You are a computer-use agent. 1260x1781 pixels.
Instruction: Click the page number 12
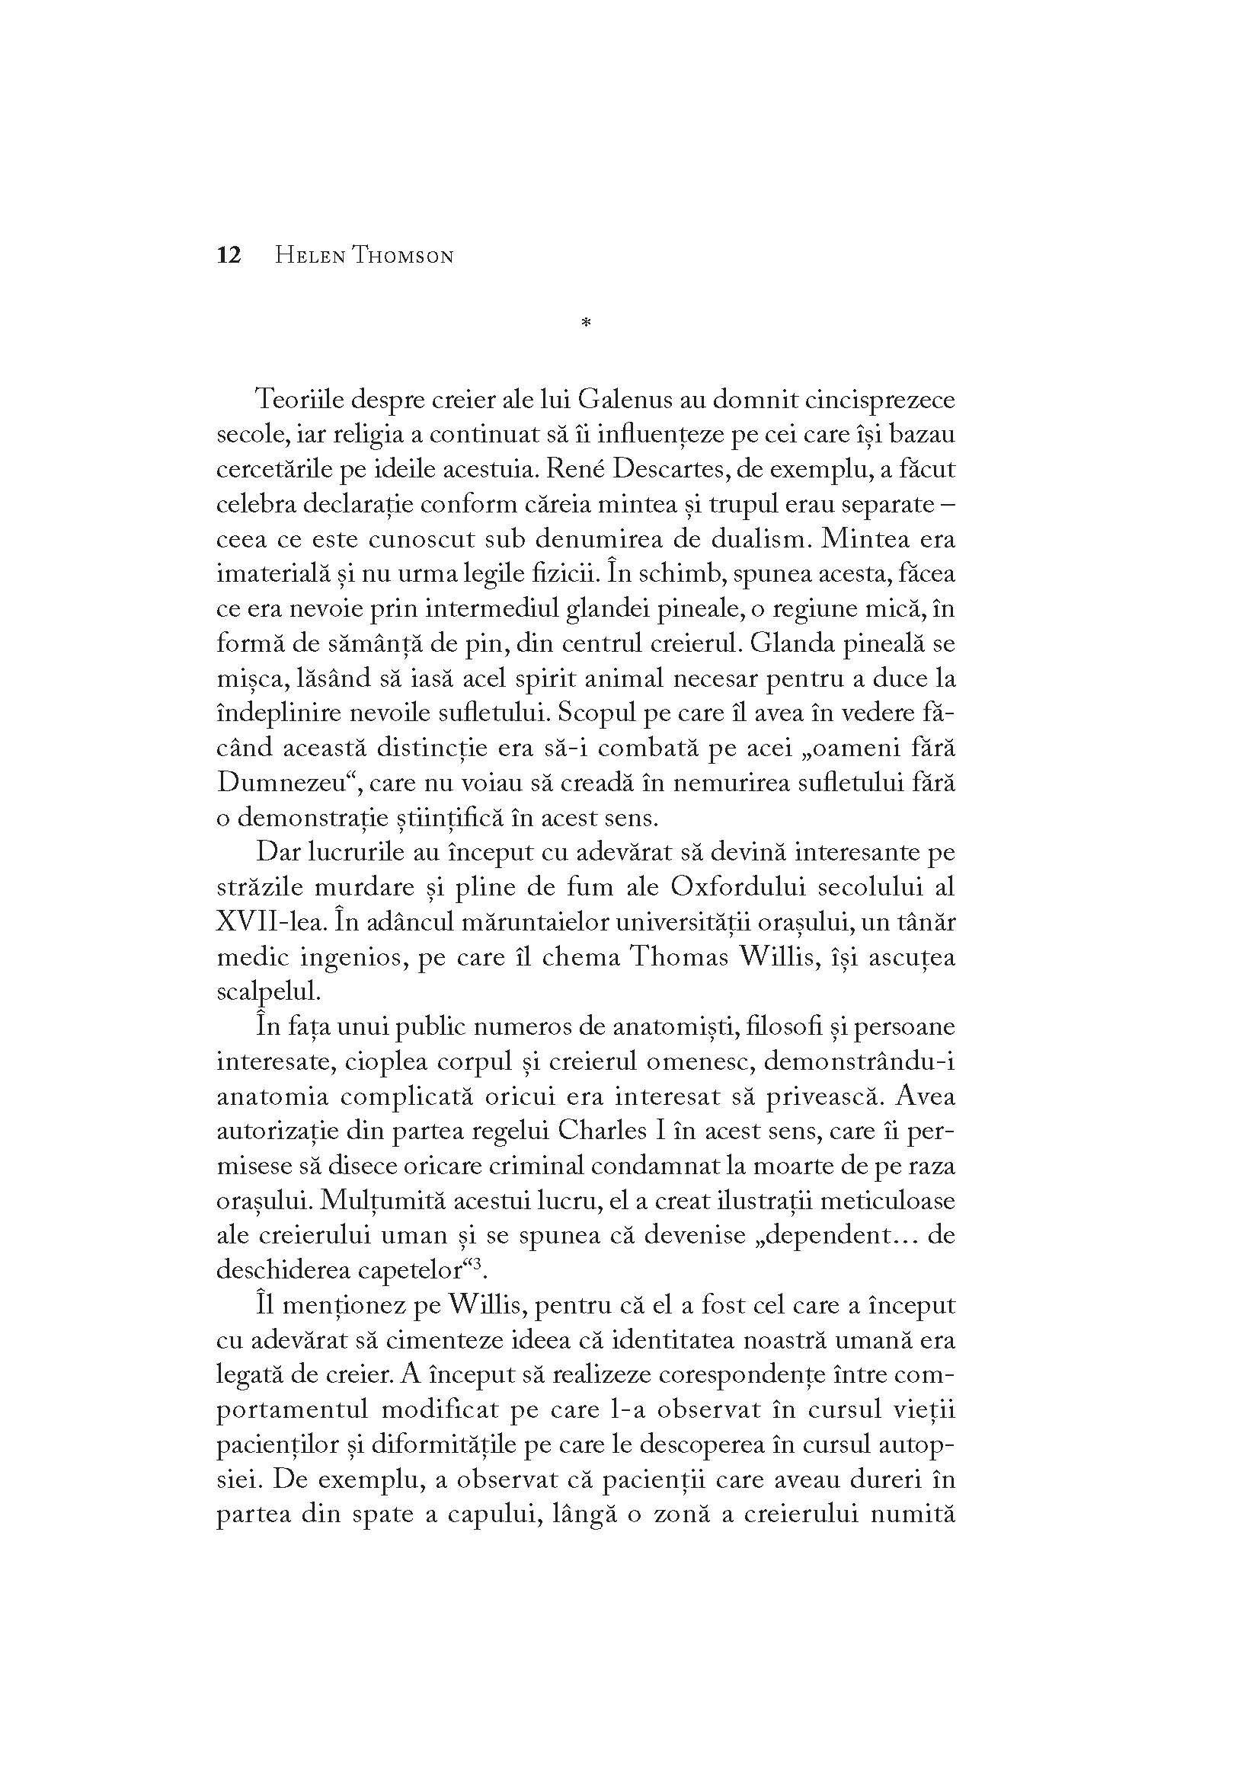[x=229, y=255]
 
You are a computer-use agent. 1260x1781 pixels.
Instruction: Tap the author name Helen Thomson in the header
[x=364, y=256]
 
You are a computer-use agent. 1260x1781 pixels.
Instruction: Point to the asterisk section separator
[x=586, y=323]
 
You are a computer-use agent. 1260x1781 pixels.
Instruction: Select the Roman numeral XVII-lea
[x=264, y=921]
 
